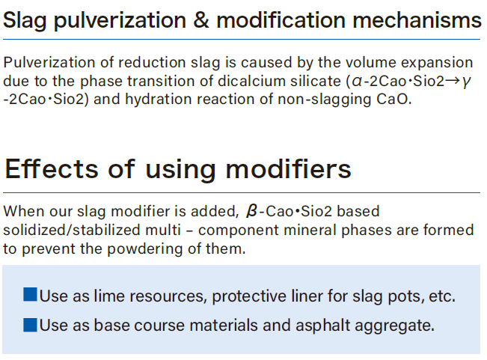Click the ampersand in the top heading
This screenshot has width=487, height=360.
(x=201, y=20)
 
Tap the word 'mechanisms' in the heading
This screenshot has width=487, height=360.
(x=417, y=20)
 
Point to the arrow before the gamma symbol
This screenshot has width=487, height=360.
(x=453, y=81)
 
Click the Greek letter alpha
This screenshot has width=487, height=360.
(x=357, y=82)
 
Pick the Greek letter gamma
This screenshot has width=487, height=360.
(x=466, y=82)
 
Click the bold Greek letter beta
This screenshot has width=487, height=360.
(x=251, y=211)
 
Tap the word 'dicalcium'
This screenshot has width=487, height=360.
(x=251, y=81)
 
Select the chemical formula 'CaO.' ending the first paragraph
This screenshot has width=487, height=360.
(x=393, y=100)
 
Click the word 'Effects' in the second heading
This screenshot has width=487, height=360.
(x=52, y=169)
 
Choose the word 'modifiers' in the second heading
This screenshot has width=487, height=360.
(x=288, y=169)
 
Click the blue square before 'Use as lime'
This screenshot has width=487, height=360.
(x=31, y=294)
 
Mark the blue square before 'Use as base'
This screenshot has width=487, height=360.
(x=31, y=325)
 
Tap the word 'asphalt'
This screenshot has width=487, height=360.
(x=323, y=326)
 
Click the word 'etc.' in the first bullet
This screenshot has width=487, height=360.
(x=442, y=296)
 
